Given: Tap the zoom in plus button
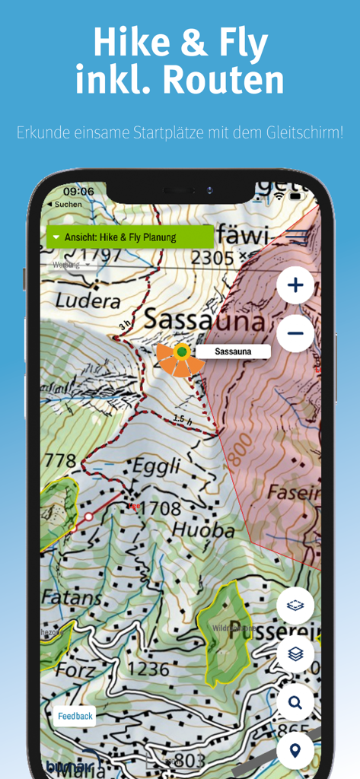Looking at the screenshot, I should click(x=295, y=286).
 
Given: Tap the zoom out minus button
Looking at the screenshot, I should click(x=295, y=332).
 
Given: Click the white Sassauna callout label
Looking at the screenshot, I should click(x=233, y=351).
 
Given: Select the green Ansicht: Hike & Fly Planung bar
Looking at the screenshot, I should click(x=129, y=237).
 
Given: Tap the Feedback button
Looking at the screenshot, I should click(x=75, y=716).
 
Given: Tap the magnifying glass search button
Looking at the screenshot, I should click(x=295, y=702).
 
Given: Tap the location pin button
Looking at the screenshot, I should click(x=295, y=751).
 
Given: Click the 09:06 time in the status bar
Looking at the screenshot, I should click(x=78, y=192).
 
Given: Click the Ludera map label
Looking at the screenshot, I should click(x=88, y=301).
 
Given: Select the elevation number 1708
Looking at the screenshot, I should click(x=158, y=508).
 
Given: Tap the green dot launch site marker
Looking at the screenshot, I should click(x=182, y=351).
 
